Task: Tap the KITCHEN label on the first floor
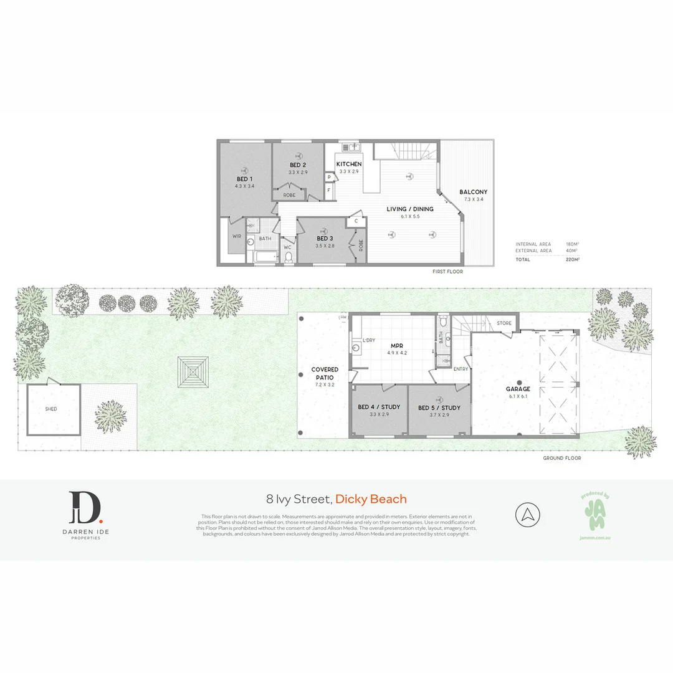(x=349, y=164)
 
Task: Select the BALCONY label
(x=474, y=192)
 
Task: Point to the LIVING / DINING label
(x=410, y=209)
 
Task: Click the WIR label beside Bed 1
(x=237, y=236)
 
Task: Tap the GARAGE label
(x=518, y=389)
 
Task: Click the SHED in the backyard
(x=52, y=409)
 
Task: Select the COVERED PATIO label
(x=325, y=373)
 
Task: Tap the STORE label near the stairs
(x=504, y=323)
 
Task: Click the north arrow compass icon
(x=528, y=515)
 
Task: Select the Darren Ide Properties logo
(x=85, y=515)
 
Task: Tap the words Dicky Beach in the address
(x=371, y=499)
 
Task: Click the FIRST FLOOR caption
(x=447, y=272)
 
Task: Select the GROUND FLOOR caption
(x=562, y=458)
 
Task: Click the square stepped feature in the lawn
(x=194, y=373)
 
